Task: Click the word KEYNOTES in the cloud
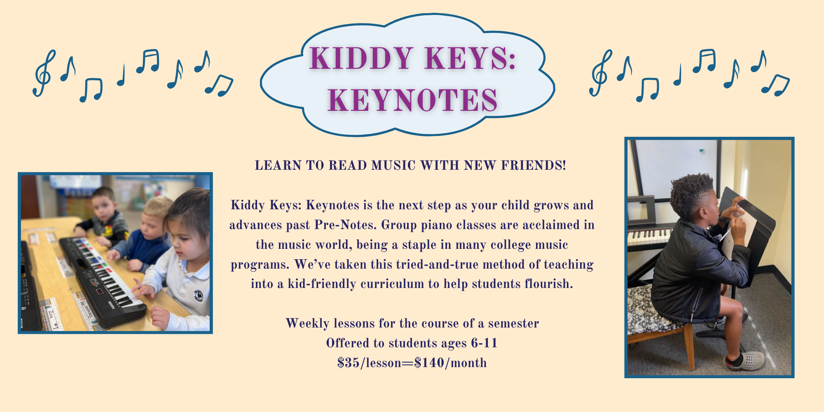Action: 413,100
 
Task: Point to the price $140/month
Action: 451,363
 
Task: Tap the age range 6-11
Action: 485,343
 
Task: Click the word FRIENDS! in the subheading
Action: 534,166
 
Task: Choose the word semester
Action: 513,324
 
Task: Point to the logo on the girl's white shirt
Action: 199,295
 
